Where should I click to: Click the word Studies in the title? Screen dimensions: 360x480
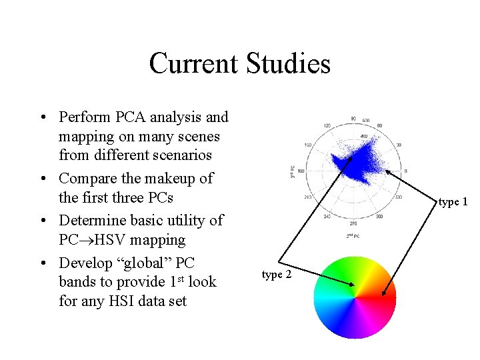click(288, 64)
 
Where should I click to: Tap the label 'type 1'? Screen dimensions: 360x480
click(453, 202)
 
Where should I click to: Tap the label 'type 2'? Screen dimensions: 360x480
click(276, 275)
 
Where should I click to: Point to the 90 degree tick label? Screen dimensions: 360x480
click(353, 119)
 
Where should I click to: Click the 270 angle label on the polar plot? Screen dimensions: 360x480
click(353, 224)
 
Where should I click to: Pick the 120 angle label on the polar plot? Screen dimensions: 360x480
click(327, 125)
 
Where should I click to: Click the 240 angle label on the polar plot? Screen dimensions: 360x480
click(327, 217)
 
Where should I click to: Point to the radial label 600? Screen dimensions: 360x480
click(366, 121)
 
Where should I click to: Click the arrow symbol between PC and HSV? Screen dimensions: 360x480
click(86, 240)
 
